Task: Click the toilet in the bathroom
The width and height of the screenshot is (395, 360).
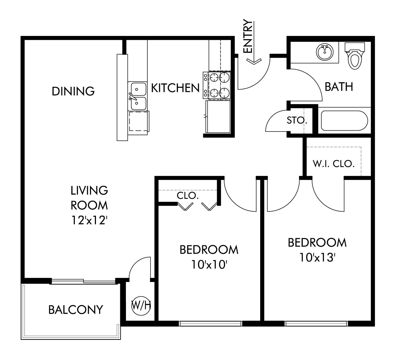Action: (x=355, y=56)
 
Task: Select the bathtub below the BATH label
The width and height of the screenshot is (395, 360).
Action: (x=344, y=121)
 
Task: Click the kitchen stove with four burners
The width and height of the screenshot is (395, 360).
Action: (x=217, y=85)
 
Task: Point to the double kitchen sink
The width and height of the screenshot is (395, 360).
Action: (x=137, y=96)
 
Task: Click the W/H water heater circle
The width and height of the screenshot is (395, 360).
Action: (x=141, y=306)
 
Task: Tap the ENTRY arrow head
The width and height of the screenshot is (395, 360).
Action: (x=254, y=61)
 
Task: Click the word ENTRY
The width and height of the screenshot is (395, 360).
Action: (x=248, y=36)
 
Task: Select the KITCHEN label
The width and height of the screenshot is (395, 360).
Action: (x=175, y=88)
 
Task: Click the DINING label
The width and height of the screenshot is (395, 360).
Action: (x=73, y=91)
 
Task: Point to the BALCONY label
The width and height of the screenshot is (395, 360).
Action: (x=76, y=310)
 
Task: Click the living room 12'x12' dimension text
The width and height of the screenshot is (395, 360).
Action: (x=89, y=220)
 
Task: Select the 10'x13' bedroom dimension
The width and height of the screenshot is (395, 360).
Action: (x=317, y=257)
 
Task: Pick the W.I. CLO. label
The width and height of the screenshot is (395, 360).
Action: (x=334, y=164)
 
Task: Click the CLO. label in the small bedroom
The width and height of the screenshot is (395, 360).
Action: (x=188, y=195)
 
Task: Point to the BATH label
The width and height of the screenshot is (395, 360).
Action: (x=339, y=87)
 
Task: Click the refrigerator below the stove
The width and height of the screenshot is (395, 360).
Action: (x=218, y=116)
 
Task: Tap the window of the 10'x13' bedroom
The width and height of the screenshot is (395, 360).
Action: (x=316, y=323)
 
